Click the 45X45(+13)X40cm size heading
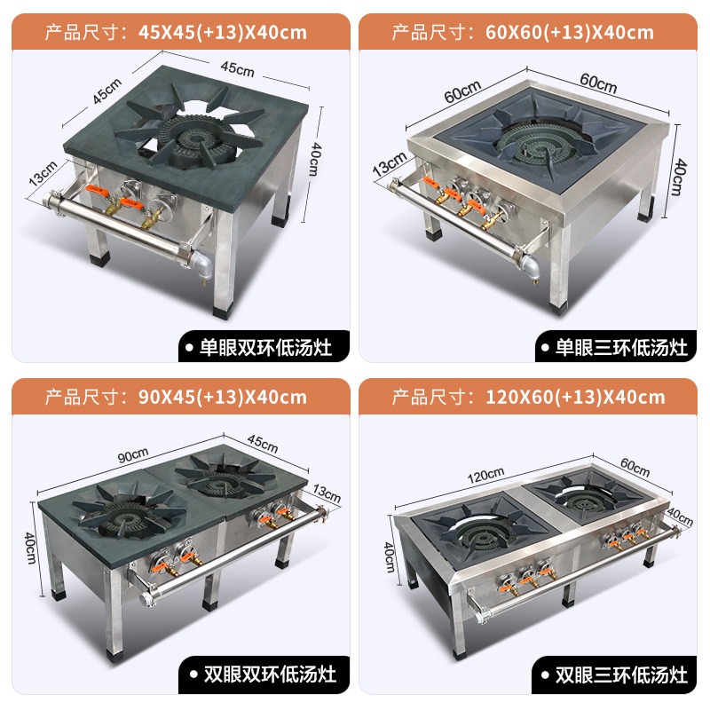[x=223, y=32]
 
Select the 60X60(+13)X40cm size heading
[x=570, y=32]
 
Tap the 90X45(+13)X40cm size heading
[x=223, y=397]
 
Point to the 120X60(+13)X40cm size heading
[x=575, y=397]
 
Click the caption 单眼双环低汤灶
[x=265, y=348]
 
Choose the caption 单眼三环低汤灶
[x=621, y=348]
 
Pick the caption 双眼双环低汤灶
[x=270, y=674]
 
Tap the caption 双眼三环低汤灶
[x=621, y=674]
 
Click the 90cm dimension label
[x=133, y=455]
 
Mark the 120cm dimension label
[x=485, y=475]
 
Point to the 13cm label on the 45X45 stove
[x=43, y=173]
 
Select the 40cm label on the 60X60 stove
[x=678, y=177]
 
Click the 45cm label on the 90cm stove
[x=263, y=443]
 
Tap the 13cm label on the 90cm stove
[x=327, y=493]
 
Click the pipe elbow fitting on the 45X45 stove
[x=202, y=264]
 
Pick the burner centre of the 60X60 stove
[x=539, y=148]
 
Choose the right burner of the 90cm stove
[x=225, y=480]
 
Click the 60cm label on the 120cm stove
[x=635, y=468]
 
